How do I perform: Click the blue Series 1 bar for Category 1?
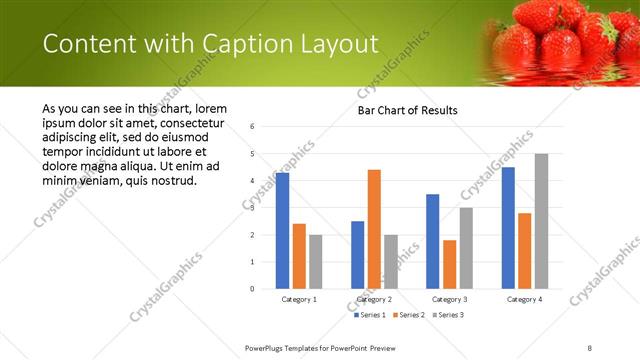[x=282, y=231]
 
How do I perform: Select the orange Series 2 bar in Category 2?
[x=374, y=229]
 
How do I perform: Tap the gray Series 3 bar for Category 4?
[x=541, y=221]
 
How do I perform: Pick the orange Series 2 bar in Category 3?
[x=450, y=264]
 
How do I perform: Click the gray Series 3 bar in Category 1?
[x=316, y=261]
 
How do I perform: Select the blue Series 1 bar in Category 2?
[x=357, y=255]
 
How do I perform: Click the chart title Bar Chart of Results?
[x=407, y=110]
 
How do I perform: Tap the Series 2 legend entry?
[x=408, y=316]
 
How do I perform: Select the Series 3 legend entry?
[x=449, y=316]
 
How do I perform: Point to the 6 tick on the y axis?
[x=252, y=127]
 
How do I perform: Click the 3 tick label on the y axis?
[x=252, y=208]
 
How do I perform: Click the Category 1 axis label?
[x=299, y=299]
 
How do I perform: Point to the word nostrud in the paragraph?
[x=172, y=181]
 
